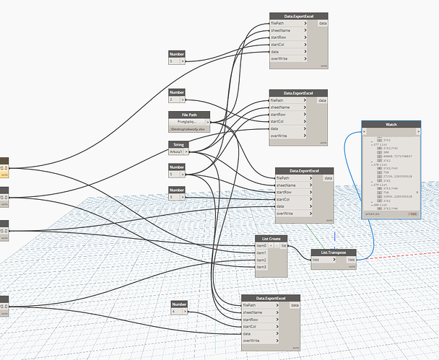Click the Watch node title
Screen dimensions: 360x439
point(391,125)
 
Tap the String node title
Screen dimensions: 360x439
point(178,145)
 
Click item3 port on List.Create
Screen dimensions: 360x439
point(261,267)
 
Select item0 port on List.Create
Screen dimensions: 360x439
point(261,245)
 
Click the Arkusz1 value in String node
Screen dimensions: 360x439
point(176,152)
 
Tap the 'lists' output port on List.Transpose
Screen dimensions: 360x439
point(352,260)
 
